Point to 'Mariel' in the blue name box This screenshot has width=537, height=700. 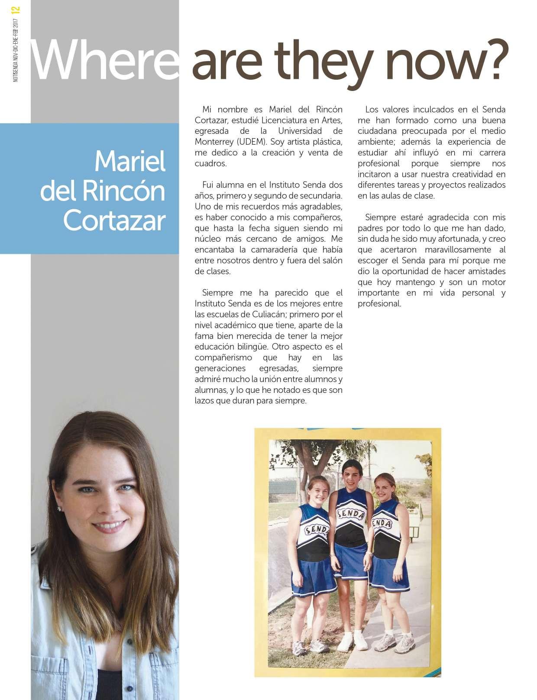(x=129, y=162)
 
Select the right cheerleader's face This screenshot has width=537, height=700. (x=385, y=487)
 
